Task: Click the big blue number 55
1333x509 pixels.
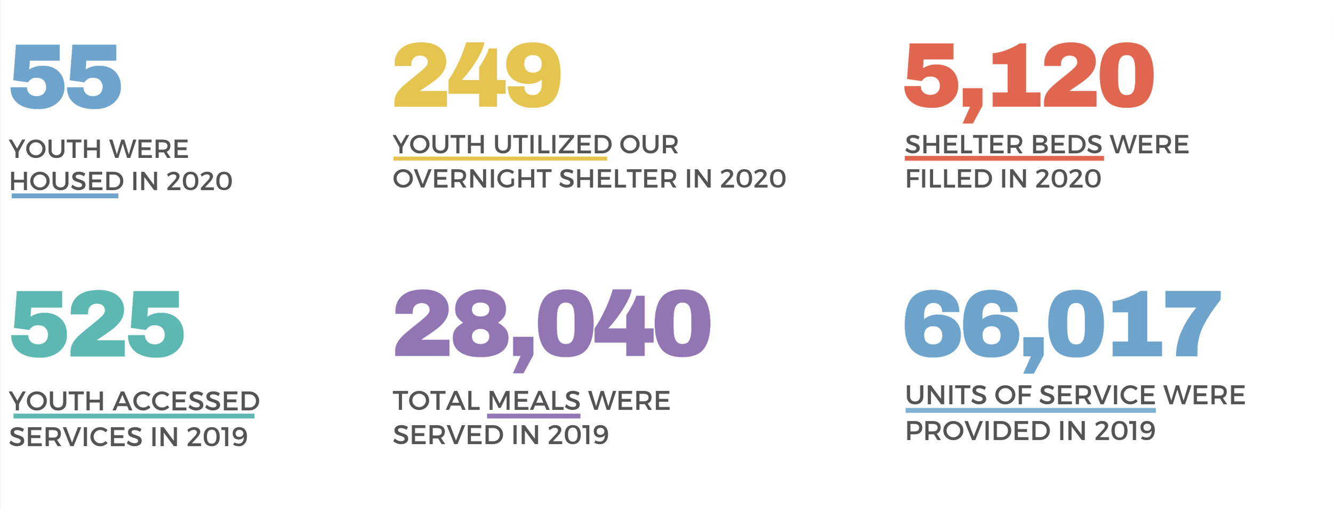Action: tap(66, 77)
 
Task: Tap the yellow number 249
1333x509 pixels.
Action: tap(477, 75)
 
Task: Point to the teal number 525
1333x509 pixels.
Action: tap(97, 324)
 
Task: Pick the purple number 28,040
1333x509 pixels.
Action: tap(552, 324)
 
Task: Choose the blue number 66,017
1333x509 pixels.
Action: tap(1062, 324)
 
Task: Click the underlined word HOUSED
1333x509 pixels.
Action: tap(67, 181)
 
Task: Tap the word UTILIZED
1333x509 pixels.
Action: tap(552, 145)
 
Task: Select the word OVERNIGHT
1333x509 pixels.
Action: tap(472, 179)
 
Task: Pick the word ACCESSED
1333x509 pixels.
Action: tap(187, 401)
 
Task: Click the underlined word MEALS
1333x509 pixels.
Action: tap(534, 401)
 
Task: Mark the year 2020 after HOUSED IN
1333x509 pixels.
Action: tap(199, 181)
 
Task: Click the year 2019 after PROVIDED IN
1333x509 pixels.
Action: tap(1125, 431)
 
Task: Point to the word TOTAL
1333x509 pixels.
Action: tap(436, 401)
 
